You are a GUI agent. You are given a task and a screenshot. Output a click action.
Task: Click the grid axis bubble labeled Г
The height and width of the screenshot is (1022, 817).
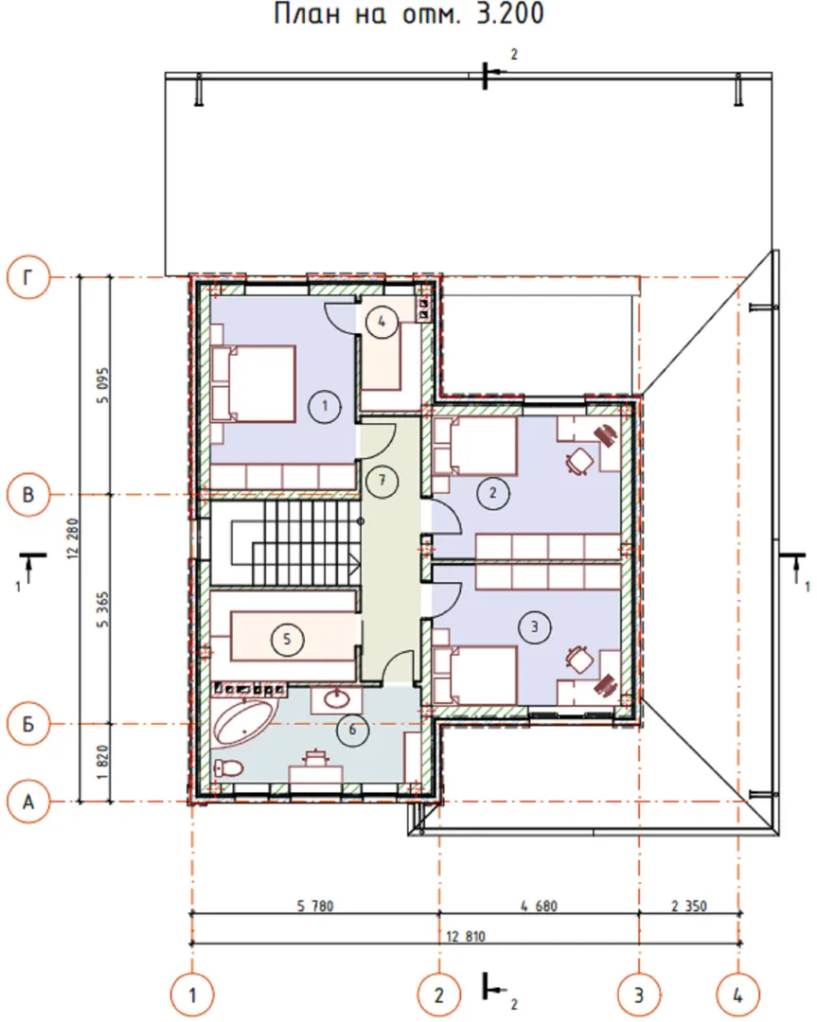(28, 277)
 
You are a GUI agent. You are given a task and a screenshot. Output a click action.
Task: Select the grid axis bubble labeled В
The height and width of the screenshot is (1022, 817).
(28, 495)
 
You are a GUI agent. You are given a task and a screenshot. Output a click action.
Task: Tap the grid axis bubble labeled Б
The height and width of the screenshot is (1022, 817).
(28, 724)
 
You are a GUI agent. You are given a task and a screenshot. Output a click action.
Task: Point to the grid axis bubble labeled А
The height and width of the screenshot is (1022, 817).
(28, 802)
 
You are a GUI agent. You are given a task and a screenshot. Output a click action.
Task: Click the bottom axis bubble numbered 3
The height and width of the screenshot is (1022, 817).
(639, 996)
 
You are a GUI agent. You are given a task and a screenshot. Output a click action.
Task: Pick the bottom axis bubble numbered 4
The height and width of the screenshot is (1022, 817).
(738, 996)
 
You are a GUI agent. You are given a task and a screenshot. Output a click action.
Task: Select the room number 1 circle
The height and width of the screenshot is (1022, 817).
(325, 406)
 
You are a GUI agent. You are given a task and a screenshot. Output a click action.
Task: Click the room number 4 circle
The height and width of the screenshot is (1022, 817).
(382, 322)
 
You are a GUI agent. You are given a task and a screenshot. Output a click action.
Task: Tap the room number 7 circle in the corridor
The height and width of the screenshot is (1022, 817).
(382, 481)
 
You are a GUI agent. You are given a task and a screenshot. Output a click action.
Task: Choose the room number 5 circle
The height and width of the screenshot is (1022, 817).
(287, 639)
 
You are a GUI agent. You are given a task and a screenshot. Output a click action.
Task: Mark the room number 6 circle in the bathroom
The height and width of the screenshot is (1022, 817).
(353, 730)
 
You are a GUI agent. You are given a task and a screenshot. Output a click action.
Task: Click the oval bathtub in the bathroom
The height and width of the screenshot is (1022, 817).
(244, 723)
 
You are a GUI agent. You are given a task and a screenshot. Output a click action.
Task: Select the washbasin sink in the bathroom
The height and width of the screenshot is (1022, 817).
(336, 700)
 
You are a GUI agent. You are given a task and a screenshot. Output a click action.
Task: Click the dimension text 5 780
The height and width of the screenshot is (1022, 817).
(315, 906)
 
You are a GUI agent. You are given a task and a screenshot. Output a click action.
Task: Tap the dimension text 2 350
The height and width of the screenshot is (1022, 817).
(689, 906)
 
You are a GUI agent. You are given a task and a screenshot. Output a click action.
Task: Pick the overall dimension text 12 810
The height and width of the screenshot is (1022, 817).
(466, 936)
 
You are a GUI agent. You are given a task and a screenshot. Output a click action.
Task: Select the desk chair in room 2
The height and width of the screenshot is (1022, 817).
(579, 460)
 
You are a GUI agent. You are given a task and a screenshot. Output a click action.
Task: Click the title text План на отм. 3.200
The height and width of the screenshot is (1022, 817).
(409, 13)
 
